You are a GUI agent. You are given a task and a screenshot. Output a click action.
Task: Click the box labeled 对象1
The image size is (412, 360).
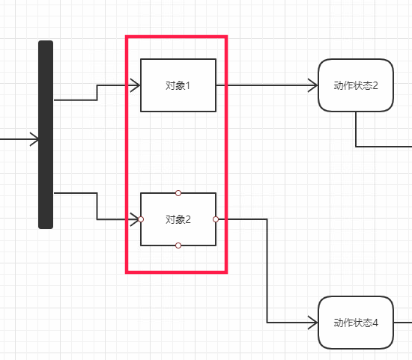click(178, 85)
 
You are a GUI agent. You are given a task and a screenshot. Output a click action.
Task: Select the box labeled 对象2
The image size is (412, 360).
click(178, 219)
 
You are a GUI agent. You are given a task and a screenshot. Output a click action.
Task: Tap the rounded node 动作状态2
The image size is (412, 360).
click(356, 85)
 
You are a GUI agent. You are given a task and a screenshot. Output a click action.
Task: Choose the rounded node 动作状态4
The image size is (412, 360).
click(356, 323)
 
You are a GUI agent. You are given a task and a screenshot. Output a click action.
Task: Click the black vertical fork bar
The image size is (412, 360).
click(46, 135)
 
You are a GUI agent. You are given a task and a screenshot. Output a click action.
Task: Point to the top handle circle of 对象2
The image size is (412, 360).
click(178, 193)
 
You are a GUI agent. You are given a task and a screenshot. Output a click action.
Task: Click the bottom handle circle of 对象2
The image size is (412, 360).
click(178, 245)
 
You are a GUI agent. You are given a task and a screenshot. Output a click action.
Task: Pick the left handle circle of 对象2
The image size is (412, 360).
click(141, 219)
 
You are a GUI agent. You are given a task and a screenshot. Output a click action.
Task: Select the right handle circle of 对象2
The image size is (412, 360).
click(216, 219)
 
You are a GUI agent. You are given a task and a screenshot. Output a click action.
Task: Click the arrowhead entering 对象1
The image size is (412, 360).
click(135, 85)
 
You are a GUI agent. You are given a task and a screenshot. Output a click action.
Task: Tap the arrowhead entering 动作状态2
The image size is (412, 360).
click(312, 85)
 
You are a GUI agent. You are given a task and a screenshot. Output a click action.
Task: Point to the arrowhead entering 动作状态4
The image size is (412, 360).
click(312, 323)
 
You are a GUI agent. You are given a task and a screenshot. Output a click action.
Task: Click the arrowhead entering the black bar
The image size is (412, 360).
click(34, 139)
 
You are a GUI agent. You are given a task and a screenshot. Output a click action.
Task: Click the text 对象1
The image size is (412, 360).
click(178, 85)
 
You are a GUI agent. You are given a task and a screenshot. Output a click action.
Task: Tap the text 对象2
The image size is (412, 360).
click(178, 219)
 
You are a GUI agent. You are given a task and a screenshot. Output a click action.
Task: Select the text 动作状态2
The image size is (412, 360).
click(356, 85)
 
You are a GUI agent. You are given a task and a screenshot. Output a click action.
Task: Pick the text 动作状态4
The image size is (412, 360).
click(356, 323)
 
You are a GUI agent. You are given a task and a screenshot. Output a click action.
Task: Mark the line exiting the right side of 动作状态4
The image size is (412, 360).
click(403, 323)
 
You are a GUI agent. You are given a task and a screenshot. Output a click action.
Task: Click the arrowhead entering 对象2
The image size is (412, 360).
click(135, 219)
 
